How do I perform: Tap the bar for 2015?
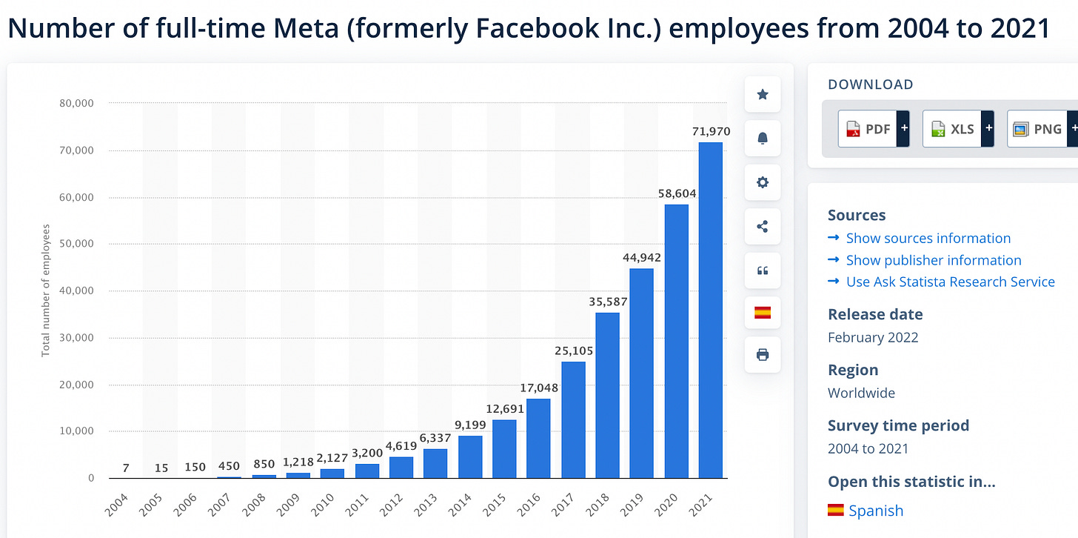point(504,448)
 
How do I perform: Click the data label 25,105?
point(574,351)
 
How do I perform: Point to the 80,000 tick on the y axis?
point(76,104)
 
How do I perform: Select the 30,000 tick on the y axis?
point(76,338)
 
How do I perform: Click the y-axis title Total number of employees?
point(46,290)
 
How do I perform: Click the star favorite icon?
point(763,94)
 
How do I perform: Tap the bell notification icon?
point(763,139)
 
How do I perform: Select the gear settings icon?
point(763,183)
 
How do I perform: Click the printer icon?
point(763,355)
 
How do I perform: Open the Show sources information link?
point(928,238)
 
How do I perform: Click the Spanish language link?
point(875,511)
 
